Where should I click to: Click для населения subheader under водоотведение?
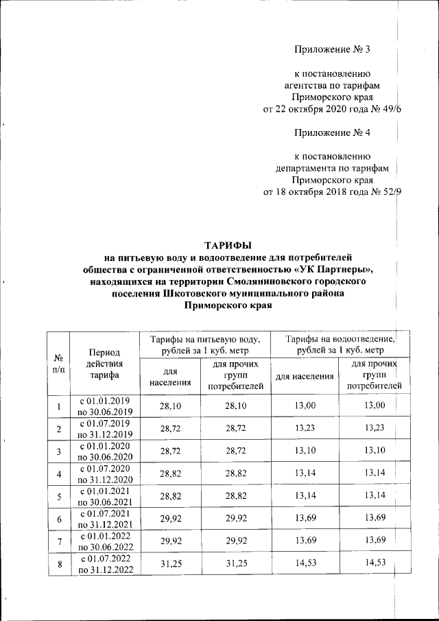(305, 376)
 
